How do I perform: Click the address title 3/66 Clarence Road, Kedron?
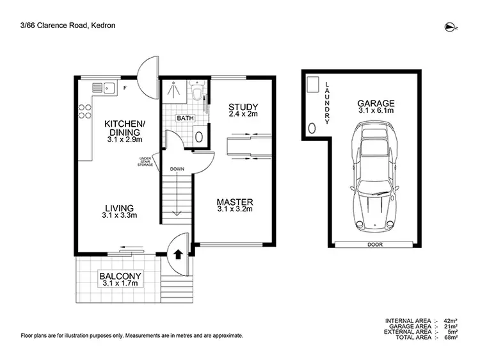[x=63, y=26]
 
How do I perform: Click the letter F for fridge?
[x=125, y=86]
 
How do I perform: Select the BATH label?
[x=185, y=119]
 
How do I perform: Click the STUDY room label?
[x=243, y=106]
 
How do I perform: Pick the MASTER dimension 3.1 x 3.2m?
[x=235, y=208]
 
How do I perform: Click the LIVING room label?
[x=120, y=208]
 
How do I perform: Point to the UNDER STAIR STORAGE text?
[x=145, y=161]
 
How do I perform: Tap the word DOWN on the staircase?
[x=177, y=170]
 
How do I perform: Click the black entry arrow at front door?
[x=177, y=254]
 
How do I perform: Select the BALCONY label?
[x=119, y=277]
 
